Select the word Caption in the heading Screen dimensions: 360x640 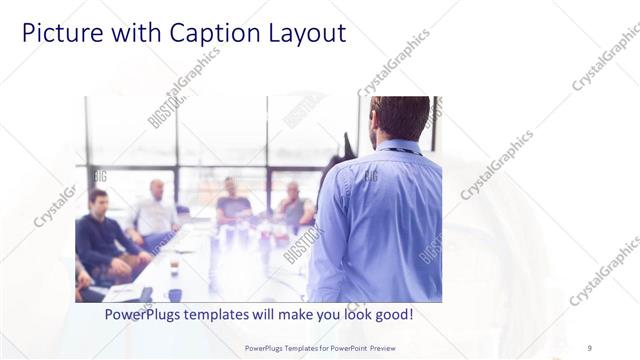tap(201, 33)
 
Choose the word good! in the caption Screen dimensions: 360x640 tap(391, 314)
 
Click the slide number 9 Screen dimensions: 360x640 tap(589, 347)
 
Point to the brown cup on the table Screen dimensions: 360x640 tap(174, 269)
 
